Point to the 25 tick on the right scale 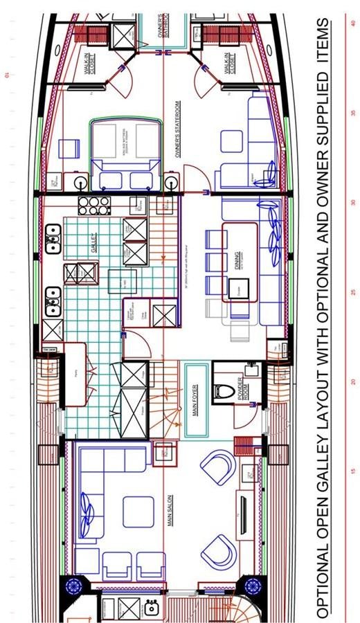(x=353, y=293)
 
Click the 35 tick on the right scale (x=353, y=113)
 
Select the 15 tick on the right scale (x=353, y=471)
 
